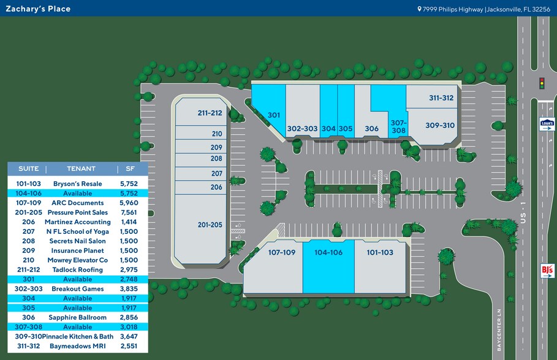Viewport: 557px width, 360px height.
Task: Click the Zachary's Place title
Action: [38, 9]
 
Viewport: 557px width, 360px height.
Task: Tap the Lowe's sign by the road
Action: [547, 124]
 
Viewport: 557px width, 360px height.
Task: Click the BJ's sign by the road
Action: [547, 270]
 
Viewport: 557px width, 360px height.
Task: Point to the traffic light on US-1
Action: [541, 83]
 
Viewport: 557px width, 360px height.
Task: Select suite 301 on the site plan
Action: [273, 114]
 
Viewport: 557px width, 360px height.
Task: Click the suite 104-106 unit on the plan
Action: [328, 252]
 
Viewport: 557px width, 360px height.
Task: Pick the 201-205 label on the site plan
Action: [210, 225]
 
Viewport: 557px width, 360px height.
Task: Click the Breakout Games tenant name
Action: [77, 289]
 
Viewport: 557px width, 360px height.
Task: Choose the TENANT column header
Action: [81, 168]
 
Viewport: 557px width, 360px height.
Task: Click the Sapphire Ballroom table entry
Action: [77, 318]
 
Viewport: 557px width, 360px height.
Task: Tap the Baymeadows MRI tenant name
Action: [77, 346]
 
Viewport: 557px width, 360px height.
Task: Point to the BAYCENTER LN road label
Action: [499, 329]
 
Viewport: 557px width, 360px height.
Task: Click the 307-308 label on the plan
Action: [398, 127]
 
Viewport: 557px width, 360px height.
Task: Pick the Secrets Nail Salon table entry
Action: [77, 241]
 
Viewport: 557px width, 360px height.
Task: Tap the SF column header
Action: [129, 168]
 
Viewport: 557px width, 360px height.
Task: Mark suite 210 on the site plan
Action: [217, 133]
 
